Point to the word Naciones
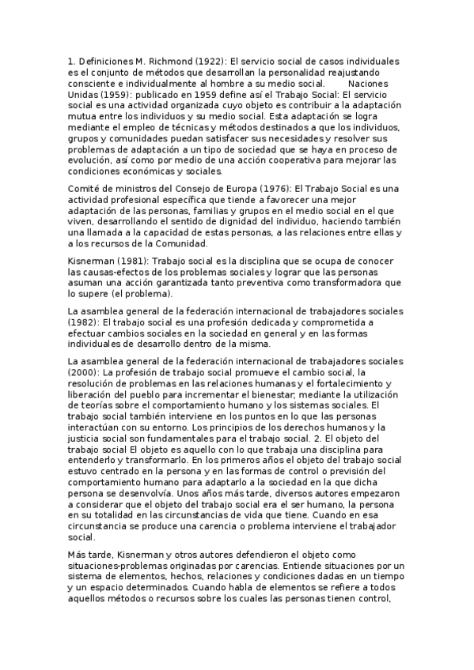click(368, 83)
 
